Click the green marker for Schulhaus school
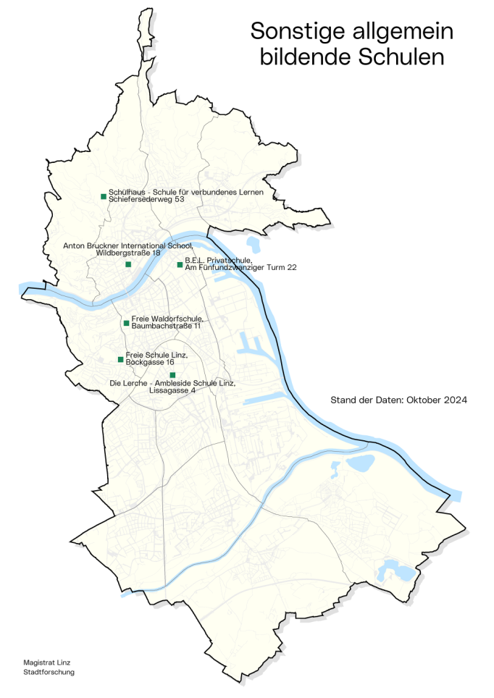pyautogui.click(x=104, y=196)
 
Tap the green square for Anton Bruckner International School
pyautogui.click(x=128, y=264)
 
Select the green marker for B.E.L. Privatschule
pyautogui.click(x=180, y=264)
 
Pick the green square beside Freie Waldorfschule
pyautogui.click(x=126, y=323)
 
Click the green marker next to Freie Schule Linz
pyautogui.click(x=120, y=359)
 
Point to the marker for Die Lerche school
pyautogui.click(x=172, y=374)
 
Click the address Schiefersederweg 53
pyautogui.click(x=146, y=199)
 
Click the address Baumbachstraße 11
pyautogui.click(x=166, y=326)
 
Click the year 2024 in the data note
pyautogui.click(x=454, y=400)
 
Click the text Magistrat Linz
pyautogui.click(x=47, y=662)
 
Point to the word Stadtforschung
pyautogui.click(x=49, y=672)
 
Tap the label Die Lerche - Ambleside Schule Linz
pyautogui.click(x=172, y=382)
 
